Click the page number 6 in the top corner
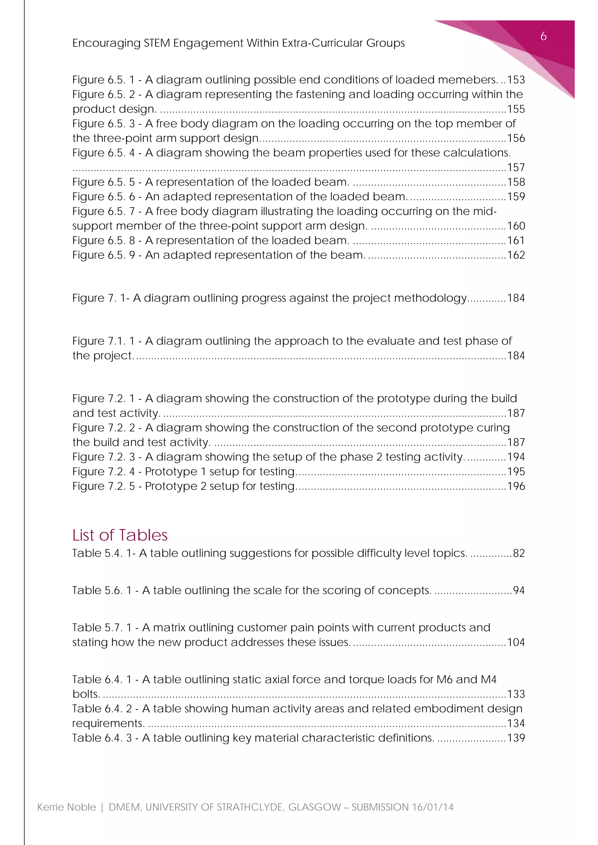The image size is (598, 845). [x=543, y=36]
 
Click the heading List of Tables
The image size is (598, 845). [x=120, y=535]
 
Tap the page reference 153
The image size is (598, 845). [x=516, y=80]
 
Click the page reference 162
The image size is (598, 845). [x=516, y=255]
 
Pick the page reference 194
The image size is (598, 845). [x=516, y=457]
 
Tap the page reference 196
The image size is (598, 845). [x=516, y=486]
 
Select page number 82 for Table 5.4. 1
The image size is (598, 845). [x=519, y=553]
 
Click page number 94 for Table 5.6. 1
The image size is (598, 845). [x=519, y=590]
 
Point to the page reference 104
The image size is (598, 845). [x=516, y=642]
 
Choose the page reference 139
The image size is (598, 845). [x=516, y=738]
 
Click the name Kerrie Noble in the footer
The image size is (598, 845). [x=67, y=807]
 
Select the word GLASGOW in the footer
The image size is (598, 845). [x=314, y=807]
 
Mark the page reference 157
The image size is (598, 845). [x=516, y=167]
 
